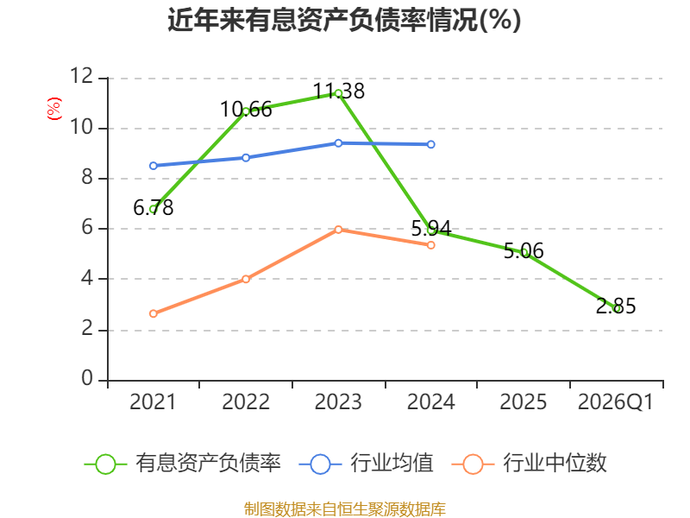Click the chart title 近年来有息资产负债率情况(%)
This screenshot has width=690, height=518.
(x=344, y=20)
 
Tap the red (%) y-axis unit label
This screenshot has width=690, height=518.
(x=54, y=109)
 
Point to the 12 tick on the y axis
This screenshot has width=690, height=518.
(x=82, y=76)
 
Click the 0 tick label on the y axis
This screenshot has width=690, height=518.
(x=87, y=378)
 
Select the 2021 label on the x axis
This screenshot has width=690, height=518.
(x=153, y=401)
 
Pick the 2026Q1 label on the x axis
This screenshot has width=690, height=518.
(x=616, y=401)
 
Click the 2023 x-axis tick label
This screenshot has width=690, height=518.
(x=338, y=401)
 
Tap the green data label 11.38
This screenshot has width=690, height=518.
(x=339, y=92)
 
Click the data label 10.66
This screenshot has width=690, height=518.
(x=246, y=110)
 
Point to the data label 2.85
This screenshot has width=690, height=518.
(x=616, y=306)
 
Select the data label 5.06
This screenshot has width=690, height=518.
(x=524, y=251)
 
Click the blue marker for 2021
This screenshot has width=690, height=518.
(x=154, y=166)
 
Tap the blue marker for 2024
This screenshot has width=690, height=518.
(x=430, y=144)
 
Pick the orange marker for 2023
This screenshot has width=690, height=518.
(x=338, y=230)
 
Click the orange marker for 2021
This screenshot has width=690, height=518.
(x=154, y=313)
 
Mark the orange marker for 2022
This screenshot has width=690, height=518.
(x=246, y=279)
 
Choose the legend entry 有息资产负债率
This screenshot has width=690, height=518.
(x=182, y=464)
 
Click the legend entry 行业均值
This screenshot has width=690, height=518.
(x=366, y=464)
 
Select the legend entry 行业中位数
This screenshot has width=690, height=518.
(x=529, y=464)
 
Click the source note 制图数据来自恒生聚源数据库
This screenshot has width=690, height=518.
(x=344, y=509)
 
